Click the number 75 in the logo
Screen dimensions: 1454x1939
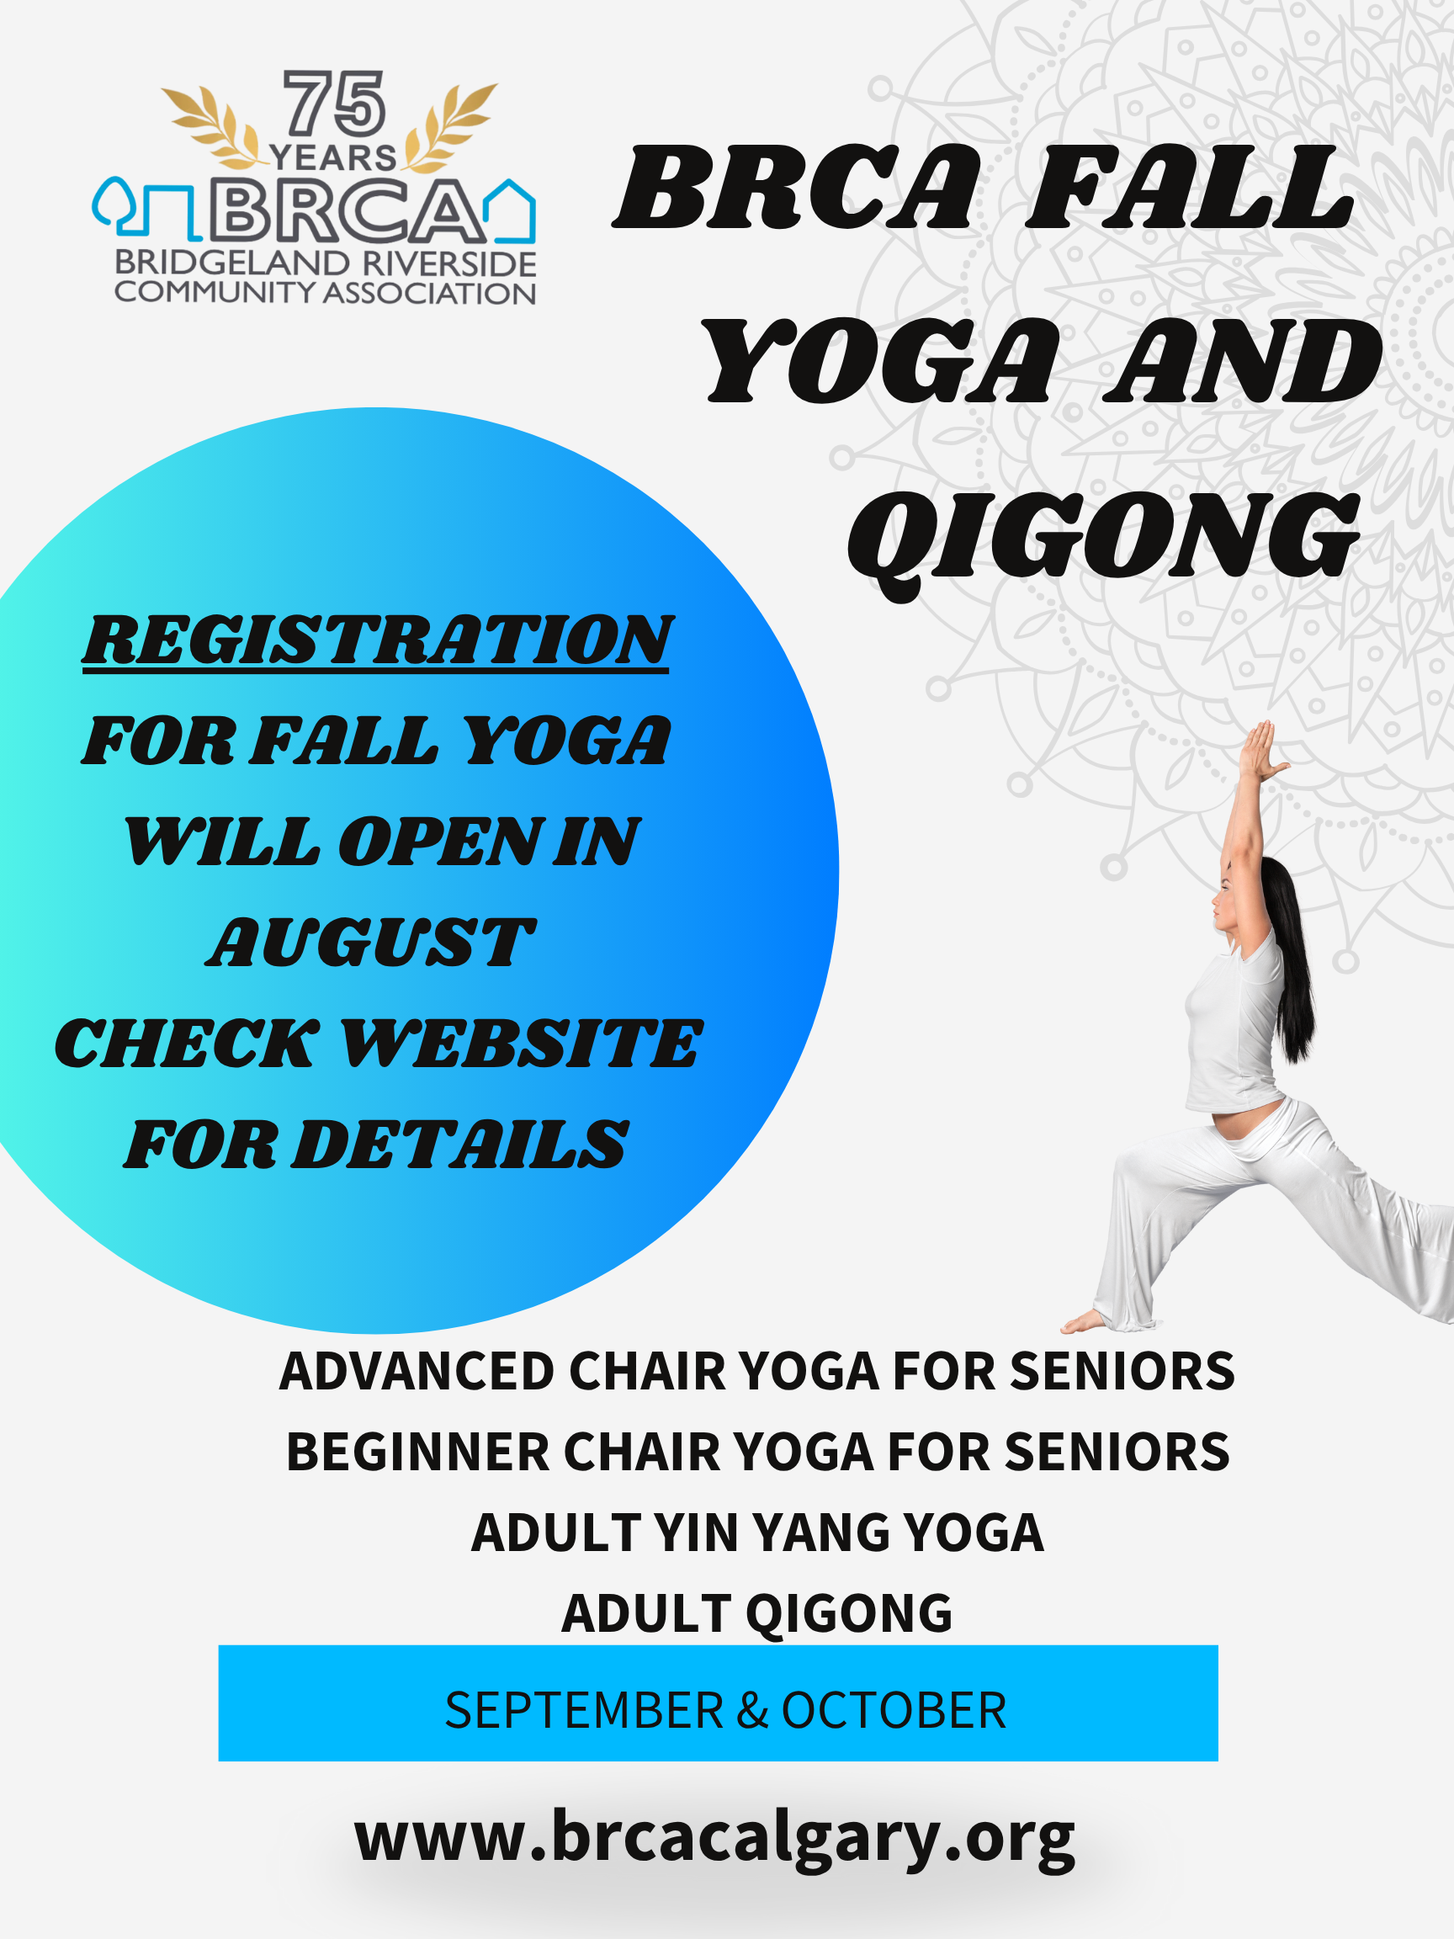(x=334, y=104)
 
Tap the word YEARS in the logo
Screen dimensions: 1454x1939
(x=333, y=157)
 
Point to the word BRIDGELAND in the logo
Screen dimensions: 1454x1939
(x=232, y=263)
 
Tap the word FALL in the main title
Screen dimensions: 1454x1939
(x=1190, y=188)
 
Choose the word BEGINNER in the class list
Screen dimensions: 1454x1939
(x=418, y=1453)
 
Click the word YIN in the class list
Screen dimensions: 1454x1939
(x=696, y=1533)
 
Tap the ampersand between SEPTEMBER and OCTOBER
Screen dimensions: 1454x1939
(x=752, y=1710)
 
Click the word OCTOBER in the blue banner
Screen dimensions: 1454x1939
(x=894, y=1710)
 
